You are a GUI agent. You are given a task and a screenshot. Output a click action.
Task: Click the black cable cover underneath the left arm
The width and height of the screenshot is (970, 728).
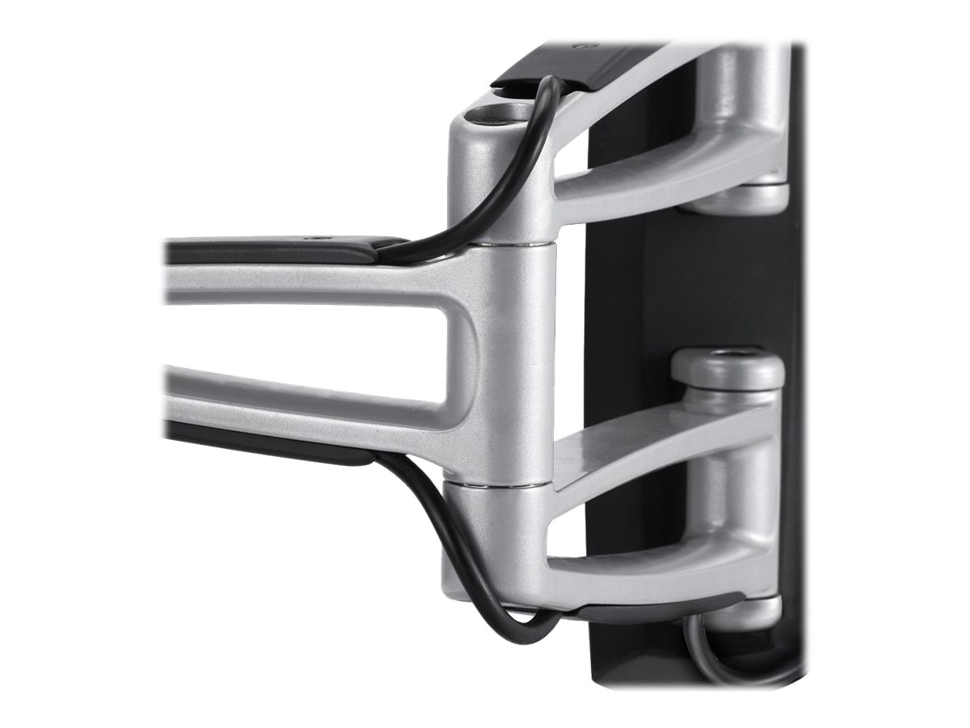[267, 441]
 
